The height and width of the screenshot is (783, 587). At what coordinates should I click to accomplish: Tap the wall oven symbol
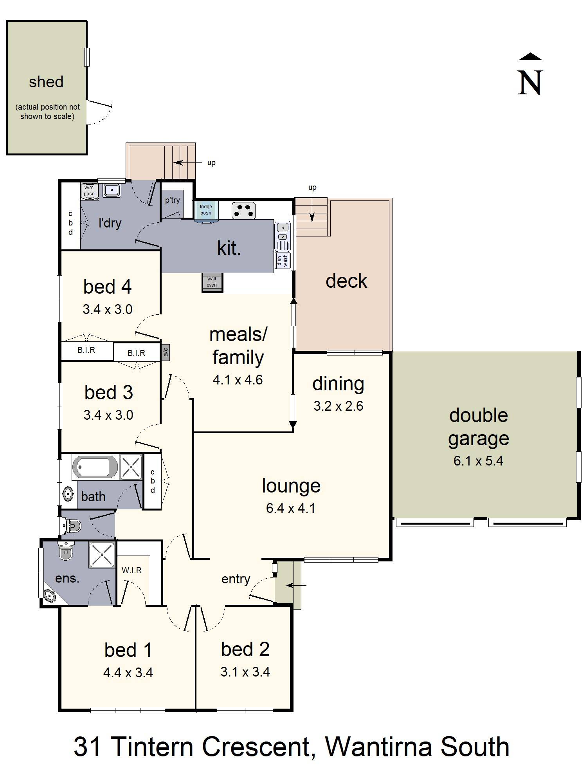pyautogui.click(x=212, y=282)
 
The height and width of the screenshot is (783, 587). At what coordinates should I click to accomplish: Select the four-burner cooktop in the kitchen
pyautogui.click(x=243, y=210)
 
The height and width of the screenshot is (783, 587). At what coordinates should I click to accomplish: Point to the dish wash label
pyautogui.click(x=282, y=260)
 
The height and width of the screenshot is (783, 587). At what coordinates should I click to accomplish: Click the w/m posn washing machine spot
pyautogui.click(x=89, y=191)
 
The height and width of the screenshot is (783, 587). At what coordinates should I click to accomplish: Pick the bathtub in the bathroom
pyautogui.click(x=95, y=467)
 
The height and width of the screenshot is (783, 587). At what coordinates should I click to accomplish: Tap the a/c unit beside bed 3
pyautogui.click(x=165, y=352)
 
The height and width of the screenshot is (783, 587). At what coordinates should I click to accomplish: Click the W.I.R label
pyautogui.click(x=131, y=570)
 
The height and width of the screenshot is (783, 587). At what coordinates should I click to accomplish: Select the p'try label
pyautogui.click(x=172, y=200)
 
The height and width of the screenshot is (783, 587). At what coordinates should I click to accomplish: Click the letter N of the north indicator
pyautogui.click(x=530, y=83)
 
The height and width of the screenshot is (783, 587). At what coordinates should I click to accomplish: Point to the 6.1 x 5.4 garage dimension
pyautogui.click(x=478, y=461)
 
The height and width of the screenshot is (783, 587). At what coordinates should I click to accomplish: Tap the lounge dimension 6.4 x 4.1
pyautogui.click(x=291, y=508)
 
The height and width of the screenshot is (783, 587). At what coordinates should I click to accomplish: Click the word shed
pyautogui.click(x=46, y=82)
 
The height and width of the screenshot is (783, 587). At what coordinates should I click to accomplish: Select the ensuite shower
pyautogui.click(x=102, y=555)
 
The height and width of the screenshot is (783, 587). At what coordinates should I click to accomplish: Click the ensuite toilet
pyautogui.click(x=66, y=550)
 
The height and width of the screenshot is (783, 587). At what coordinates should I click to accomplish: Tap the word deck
pyautogui.click(x=346, y=281)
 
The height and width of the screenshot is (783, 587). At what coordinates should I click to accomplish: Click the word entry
pyautogui.click(x=236, y=579)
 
